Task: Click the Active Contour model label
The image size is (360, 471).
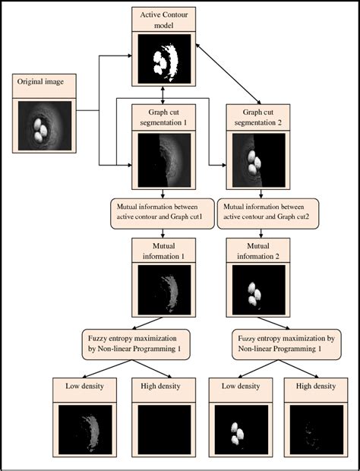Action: (163, 21)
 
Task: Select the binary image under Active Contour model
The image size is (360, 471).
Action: (163, 59)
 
